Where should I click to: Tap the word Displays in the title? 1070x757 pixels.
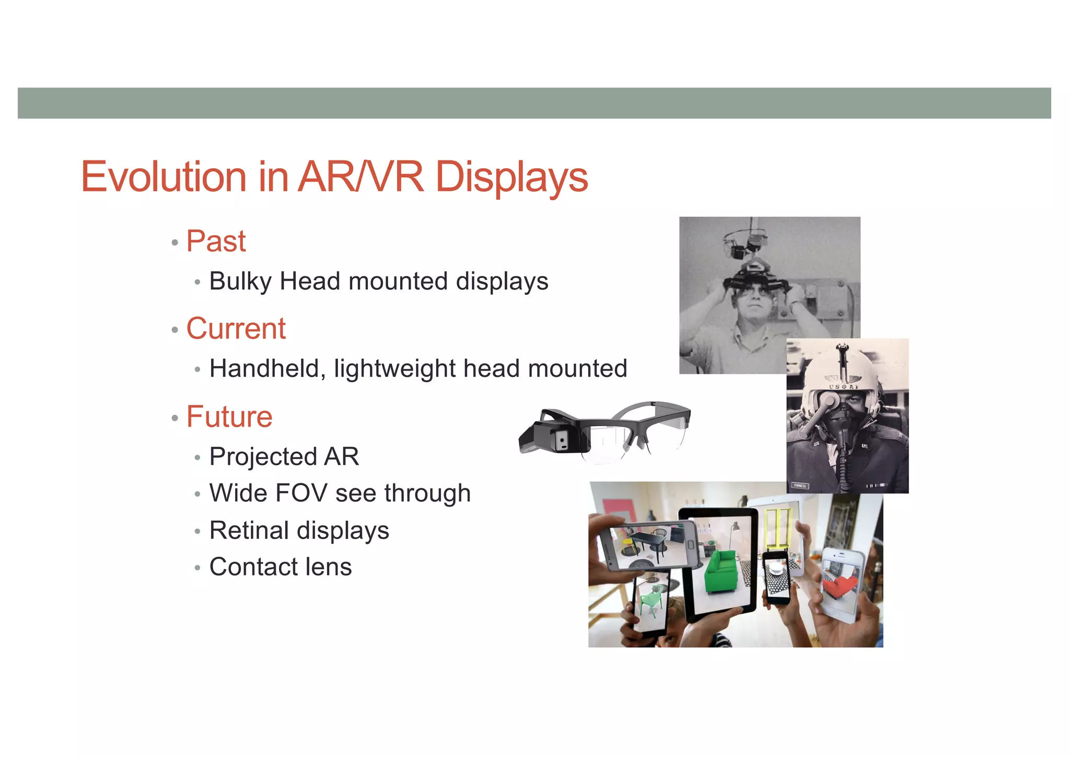(511, 177)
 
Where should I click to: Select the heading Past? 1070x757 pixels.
(216, 242)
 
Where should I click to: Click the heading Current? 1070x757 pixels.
(236, 329)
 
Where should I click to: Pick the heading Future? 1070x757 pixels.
(229, 417)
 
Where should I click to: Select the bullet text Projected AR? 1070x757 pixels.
(284, 456)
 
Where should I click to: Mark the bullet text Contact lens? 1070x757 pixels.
(281, 567)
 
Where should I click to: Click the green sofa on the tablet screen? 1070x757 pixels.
(721, 571)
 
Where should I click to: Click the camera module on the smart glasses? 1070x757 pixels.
(562, 440)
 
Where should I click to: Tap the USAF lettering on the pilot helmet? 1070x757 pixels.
(843, 386)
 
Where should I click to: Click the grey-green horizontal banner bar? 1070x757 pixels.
(534, 103)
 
